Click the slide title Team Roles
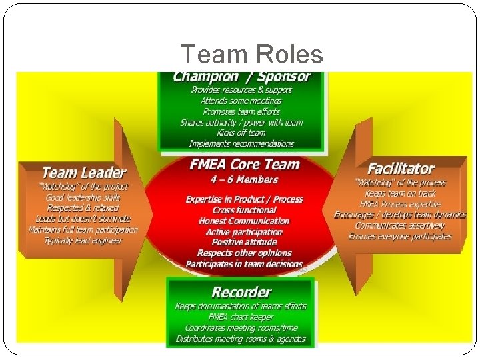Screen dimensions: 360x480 [251, 55]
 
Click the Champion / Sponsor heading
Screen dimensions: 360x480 [241, 75]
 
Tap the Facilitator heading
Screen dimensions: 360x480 [401, 169]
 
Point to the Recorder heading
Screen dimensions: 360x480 [241, 292]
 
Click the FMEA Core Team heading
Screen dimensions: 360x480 [244, 165]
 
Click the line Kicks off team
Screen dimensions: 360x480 [241, 133]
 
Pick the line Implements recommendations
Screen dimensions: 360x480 [241, 143]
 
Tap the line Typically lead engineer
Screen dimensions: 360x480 [83, 240]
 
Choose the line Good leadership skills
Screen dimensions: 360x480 [83, 197]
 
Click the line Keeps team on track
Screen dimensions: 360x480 [401, 193]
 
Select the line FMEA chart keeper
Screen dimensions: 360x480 [241, 317]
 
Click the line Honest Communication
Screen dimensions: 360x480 [244, 221]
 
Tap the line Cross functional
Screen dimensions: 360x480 [244, 210]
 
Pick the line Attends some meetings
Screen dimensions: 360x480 [241, 101]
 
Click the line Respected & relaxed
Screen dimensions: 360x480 [83, 208]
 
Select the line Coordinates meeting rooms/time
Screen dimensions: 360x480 [241, 328]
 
